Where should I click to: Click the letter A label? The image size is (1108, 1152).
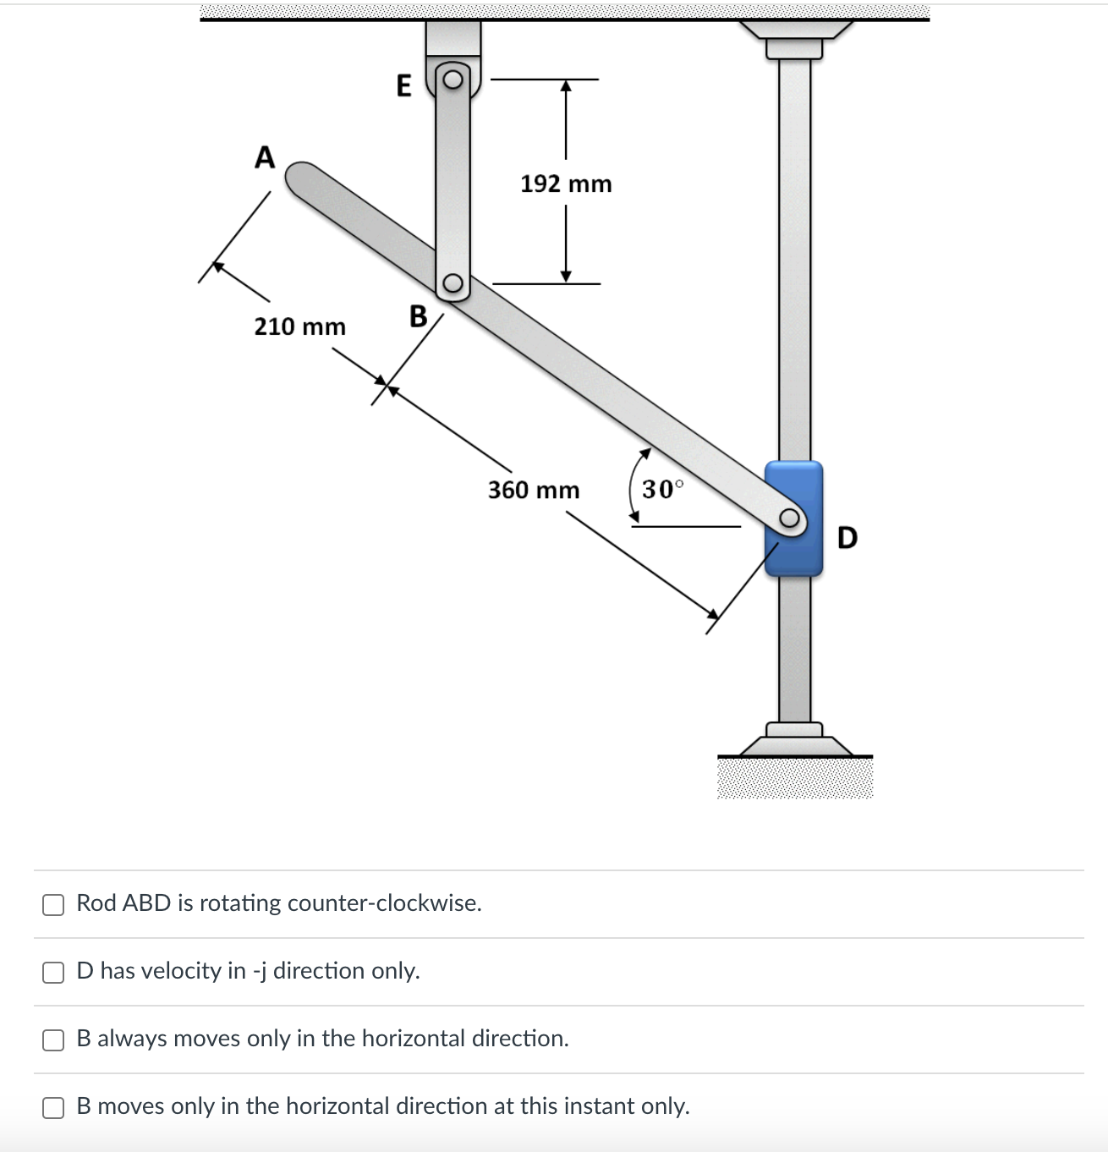tap(265, 157)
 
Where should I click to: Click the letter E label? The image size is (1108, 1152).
tap(404, 85)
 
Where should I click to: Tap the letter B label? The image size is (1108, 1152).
tap(419, 316)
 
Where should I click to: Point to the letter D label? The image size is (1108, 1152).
tap(847, 537)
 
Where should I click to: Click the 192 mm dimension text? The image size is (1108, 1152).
tap(566, 184)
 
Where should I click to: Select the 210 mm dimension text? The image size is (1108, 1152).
tap(300, 326)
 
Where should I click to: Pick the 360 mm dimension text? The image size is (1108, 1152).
tap(534, 490)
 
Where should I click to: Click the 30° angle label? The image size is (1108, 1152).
tap(662, 489)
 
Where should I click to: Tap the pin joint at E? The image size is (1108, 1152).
tap(453, 80)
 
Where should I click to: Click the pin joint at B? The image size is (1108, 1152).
tap(453, 283)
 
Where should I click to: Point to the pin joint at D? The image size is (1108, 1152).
tap(789, 518)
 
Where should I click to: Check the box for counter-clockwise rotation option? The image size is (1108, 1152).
tap(53, 904)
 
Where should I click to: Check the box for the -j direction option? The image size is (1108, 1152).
tap(53, 972)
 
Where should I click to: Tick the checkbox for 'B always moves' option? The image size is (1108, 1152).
tap(53, 1040)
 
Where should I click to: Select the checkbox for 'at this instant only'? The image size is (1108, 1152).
tap(53, 1107)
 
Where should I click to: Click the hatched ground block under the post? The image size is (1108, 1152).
tap(795, 778)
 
